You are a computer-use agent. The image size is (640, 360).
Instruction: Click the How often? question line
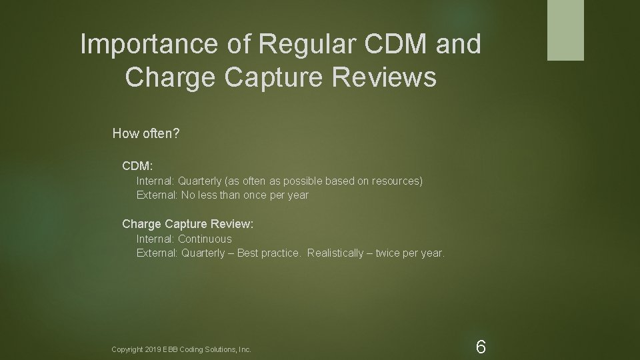pos(145,133)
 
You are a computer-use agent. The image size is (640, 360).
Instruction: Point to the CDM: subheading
pos(137,164)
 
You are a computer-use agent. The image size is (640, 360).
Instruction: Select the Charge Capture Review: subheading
pos(187,224)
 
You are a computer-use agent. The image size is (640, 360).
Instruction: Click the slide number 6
pos(481,347)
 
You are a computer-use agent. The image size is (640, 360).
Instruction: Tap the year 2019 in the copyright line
pos(155,349)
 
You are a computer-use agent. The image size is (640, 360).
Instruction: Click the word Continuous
pos(205,239)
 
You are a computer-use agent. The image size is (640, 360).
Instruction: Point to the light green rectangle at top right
pos(565,30)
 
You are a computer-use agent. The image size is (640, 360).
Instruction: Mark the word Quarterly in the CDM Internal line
pos(201,181)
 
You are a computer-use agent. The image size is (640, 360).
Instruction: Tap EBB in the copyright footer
pos(173,349)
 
